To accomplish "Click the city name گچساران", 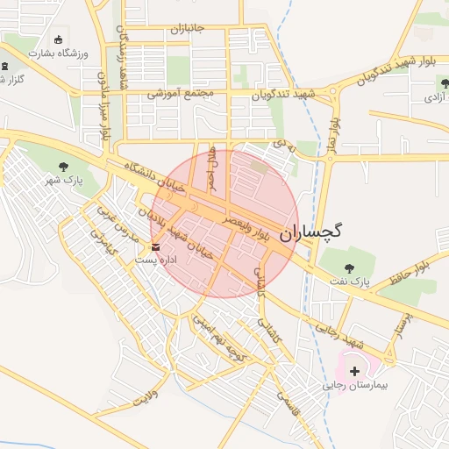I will (x=311, y=232).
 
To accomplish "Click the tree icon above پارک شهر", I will (x=62, y=167).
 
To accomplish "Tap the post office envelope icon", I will (x=156, y=247).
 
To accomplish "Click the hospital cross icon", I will (x=354, y=372).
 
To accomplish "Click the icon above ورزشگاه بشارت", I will (x=59, y=39).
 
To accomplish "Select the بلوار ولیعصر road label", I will (x=250, y=226).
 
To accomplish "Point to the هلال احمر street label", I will (x=210, y=163).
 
